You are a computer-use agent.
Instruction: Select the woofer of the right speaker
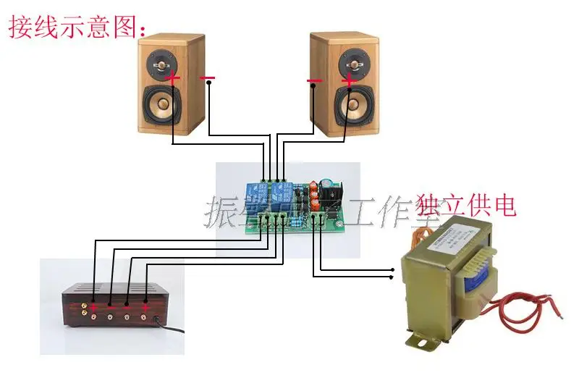(352, 106)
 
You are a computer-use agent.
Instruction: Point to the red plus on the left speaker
(172, 77)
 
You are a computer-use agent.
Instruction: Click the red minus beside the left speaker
(208, 77)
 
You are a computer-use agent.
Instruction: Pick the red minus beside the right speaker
(314, 80)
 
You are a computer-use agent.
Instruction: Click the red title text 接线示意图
(76, 27)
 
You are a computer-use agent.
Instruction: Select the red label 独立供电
(467, 206)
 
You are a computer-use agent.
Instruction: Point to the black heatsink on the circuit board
(334, 193)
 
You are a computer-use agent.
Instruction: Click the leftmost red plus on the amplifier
(93, 308)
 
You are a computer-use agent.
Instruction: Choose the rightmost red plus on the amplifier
(145, 308)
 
